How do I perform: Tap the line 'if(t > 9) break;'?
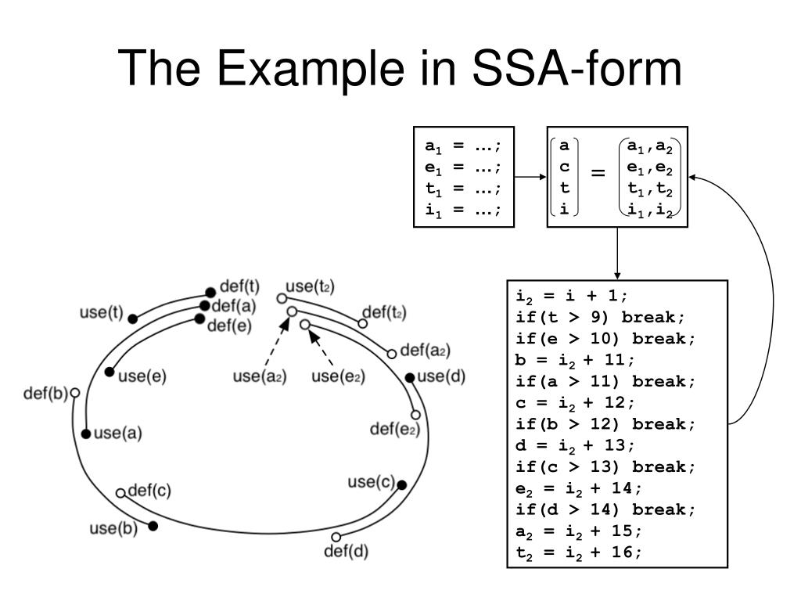pyautogui.click(x=600, y=317)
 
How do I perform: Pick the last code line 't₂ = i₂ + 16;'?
pyautogui.click(x=579, y=552)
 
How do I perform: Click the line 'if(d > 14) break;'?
pyautogui.click(x=605, y=509)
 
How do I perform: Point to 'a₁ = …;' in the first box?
pyautogui.click(x=463, y=146)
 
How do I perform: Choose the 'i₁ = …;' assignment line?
pyautogui.click(x=463, y=209)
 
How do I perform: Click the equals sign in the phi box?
pyautogui.click(x=598, y=174)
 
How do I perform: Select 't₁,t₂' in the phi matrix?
pyautogui.click(x=650, y=188)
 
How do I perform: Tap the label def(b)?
pyautogui.click(x=45, y=393)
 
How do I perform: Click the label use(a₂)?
pyautogui.click(x=260, y=376)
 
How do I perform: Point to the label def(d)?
pyautogui.click(x=346, y=551)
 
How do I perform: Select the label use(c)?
pyautogui.click(x=372, y=481)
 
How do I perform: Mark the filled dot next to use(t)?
pyautogui.click(x=133, y=318)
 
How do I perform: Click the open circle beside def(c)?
pyautogui.click(x=120, y=493)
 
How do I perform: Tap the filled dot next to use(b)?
pyautogui.click(x=153, y=526)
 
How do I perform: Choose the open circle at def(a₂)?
pyautogui.click(x=392, y=354)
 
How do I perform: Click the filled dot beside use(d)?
pyautogui.click(x=410, y=378)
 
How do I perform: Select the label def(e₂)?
pyautogui.click(x=395, y=429)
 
